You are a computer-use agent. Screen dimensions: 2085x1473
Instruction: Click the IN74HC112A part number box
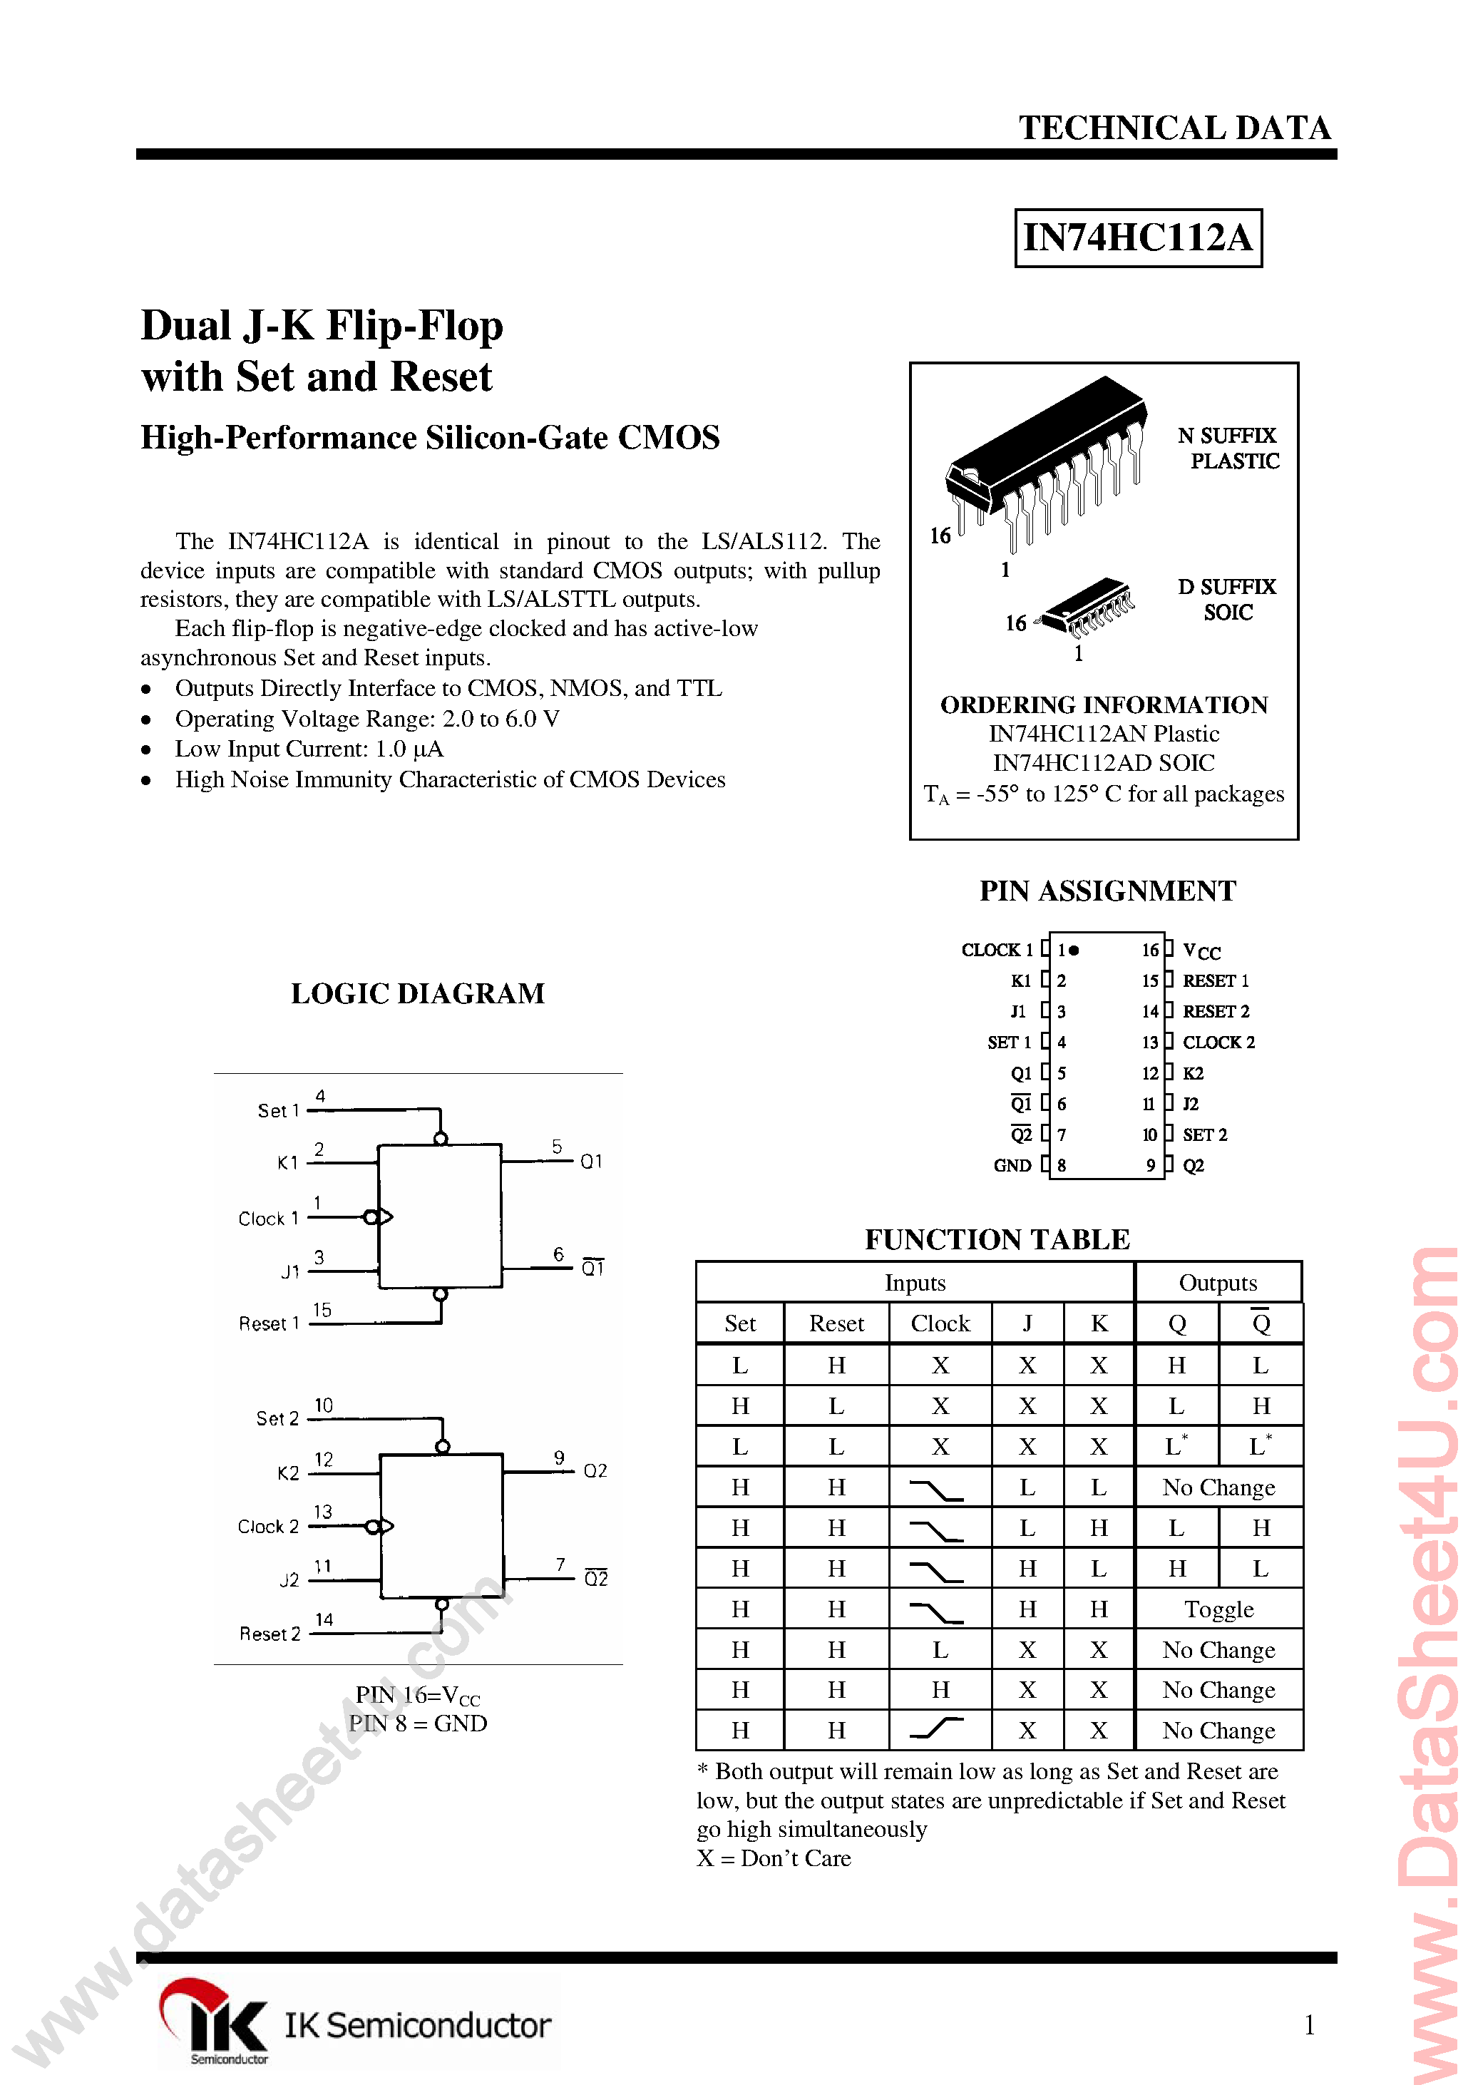(1137, 238)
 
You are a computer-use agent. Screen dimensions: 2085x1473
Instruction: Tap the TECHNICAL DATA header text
(1174, 128)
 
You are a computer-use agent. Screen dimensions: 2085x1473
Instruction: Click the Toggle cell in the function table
(1218, 1609)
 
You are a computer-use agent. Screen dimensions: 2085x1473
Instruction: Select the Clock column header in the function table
(940, 1323)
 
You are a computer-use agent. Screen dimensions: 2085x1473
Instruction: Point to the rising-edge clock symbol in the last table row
(938, 1729)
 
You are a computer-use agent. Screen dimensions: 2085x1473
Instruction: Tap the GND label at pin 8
(1012, 1165)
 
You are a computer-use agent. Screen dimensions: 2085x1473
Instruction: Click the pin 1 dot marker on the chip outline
(1074, 950)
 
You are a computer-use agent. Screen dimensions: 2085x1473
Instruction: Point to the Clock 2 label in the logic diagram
(268, 1527)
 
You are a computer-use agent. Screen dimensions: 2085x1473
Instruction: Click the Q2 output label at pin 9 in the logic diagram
(595, 1470)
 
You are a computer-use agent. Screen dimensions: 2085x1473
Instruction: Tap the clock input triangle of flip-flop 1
(385, 1217)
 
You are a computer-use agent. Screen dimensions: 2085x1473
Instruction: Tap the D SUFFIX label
(1226, 587)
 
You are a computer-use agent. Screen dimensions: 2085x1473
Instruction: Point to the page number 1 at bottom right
(1308, 2024)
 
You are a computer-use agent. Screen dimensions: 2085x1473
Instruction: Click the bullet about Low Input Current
(309, 749)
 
